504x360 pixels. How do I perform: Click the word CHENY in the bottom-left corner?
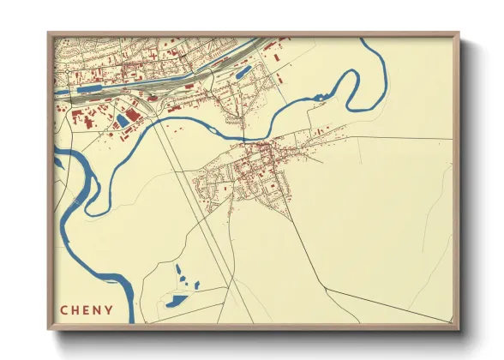87,310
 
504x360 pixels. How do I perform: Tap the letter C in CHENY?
63,310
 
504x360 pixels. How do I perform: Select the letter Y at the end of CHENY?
111,310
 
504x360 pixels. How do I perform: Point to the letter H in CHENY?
75,310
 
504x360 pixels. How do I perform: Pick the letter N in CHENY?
99,310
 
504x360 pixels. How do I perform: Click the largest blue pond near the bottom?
177,300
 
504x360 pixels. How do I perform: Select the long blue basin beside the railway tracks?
95,87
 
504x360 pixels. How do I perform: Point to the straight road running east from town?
386,138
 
